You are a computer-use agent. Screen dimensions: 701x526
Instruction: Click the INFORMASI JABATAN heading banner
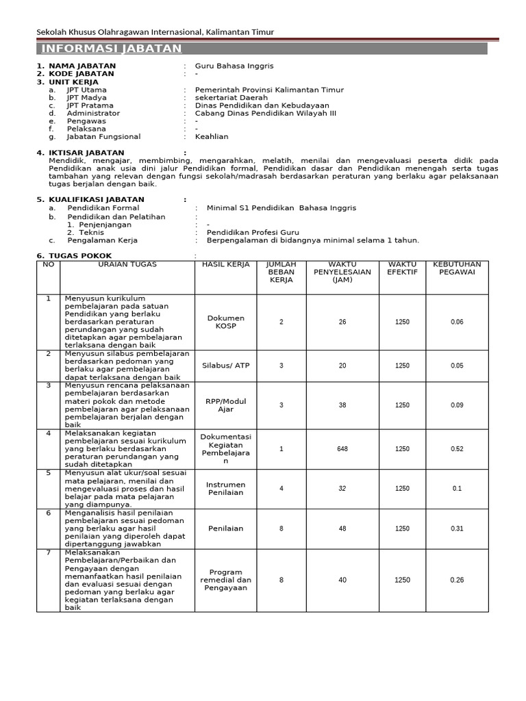pyautogui.click(x=112, y=49)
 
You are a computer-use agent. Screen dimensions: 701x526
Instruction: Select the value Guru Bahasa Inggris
pyautogui.click(x=234, y=66)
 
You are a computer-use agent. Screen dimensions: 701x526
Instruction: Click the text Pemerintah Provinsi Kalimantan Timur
pyautogui.click(x=269, y=90)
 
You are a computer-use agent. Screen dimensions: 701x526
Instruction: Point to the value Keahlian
pyautogui.click(x=212, y=136)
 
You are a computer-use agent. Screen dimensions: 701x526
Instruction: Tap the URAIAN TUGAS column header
pyautogui.click(x=127, y=264)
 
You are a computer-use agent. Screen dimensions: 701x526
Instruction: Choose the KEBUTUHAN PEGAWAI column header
pyautogui.click(x=457, y=268)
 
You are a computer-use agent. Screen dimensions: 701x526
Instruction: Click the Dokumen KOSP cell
pyautogui.click(x=225, y=322)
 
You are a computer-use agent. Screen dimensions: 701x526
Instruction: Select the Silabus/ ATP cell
pyautogui.click(x=225, y=365)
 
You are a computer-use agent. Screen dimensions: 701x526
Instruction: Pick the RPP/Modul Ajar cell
pyautogui.click(x=225, y=405)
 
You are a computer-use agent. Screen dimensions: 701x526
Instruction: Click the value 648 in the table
pyautogui.click(x=342, y=449)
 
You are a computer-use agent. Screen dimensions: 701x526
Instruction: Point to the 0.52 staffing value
pyautogui.click(x=457, y=449)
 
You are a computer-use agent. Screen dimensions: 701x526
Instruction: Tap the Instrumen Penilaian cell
pyautogui.click(x=225, y=488)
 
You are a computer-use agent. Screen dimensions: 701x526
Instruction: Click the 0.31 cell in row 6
pyautogui.click(x=457, y=528)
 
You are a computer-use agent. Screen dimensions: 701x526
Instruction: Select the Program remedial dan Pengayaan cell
pyautogui.click(x=225, y=580)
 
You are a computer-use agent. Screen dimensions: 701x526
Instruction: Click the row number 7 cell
pyautogui.click(x=48, y=553)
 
